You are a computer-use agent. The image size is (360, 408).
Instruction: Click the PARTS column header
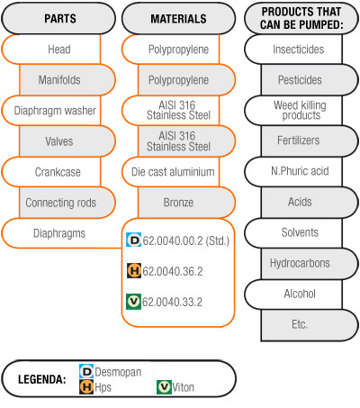point(60,19)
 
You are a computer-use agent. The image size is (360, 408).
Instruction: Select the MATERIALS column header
point(178,19)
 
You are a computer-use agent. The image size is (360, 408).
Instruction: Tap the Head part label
point(59,50)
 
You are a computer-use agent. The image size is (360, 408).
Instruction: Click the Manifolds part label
point(59,80)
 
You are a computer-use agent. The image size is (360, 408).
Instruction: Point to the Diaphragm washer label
point(55,111)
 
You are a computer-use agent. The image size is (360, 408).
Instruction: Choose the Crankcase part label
point(58,172)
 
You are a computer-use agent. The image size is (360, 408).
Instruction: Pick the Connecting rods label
point(61,203)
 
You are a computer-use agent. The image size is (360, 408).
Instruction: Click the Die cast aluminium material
point(173,172)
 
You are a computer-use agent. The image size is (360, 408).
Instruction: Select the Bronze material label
point(178,203)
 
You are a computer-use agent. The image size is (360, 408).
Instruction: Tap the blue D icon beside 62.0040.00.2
point(133,240)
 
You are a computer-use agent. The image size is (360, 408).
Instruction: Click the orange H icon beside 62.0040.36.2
point(134,270)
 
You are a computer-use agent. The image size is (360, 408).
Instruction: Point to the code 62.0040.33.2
point(172,302)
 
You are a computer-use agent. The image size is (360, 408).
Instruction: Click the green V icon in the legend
point(164,387)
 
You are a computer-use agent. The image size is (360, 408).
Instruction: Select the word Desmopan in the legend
point(118,372)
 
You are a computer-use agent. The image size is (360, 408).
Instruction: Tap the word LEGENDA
point(42,379)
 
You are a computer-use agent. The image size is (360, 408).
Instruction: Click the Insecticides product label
point(299,50)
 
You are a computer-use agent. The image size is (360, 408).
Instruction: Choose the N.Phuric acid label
point(300,171)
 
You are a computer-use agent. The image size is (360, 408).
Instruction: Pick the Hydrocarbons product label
point(300,263)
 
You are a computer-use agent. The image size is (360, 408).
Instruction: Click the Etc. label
point(300,324)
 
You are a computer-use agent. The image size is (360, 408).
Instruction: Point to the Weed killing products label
point(300,110)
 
